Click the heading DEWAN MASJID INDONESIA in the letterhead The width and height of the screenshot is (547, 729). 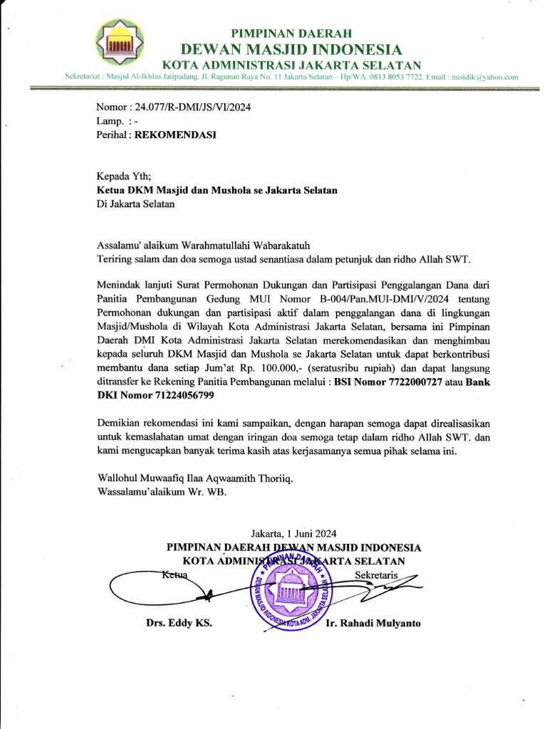click(x=291, y=49)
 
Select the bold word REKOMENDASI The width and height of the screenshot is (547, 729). click(x=176, y=134)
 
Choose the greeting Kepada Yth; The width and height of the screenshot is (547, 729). click(x=124, y=177)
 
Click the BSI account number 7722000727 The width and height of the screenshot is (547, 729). click(x=407, y=382)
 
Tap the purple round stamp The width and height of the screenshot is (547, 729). click(x=292, y=589)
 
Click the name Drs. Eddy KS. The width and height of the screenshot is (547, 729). click(x=179, y=624)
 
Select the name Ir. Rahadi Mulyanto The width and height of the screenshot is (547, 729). click(x=373, y=624)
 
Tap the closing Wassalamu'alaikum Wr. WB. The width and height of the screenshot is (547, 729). click(x=162, y=491)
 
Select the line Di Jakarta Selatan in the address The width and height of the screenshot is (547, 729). click(x=135, y=204)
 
